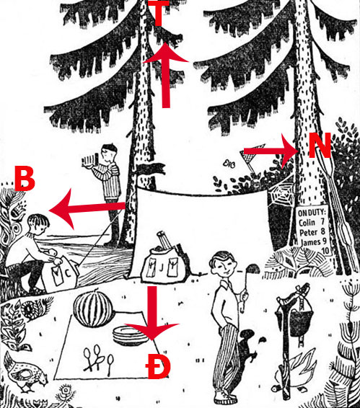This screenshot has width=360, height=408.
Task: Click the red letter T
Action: click(x=159, y=12)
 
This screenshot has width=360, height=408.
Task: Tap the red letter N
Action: click(x=320, y=145)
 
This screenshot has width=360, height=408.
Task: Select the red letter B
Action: click(x=25, y=179)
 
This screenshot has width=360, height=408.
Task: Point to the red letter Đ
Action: click(x=158, y=366)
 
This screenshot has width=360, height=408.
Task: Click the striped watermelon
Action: click(x=93, y=309)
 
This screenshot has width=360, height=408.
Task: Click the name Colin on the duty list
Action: click(x=307, y=223)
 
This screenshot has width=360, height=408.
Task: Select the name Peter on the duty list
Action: click(x=308, y=232)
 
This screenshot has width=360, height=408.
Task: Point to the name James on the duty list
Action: click(x=310, y=242)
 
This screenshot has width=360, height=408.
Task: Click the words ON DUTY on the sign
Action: click(x=312, y=213)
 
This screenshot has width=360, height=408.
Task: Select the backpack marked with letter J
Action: click(x=164, y=263)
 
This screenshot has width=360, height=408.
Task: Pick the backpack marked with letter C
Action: click(x=61, y=273)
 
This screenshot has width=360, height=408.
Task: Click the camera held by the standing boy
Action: click(x=90, y=159)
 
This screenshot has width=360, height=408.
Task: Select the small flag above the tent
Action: click(x=151, y=169)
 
